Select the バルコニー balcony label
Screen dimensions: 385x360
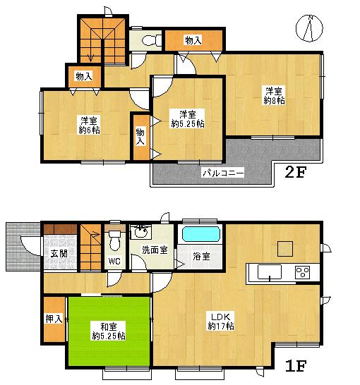[x=223, y=171]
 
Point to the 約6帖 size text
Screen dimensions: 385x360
[x=88, y=130]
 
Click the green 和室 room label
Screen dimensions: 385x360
[x=108, y=326]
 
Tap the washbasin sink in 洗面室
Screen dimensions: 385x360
[x=140, y=231]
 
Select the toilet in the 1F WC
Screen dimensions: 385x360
[x=115, y=240]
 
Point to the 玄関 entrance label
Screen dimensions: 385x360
[x=58, y=255]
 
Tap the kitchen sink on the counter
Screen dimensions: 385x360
[x=268, y=272]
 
